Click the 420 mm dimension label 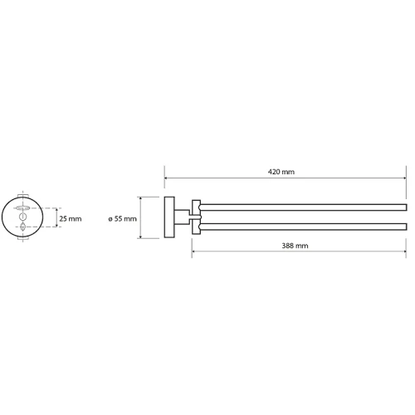coord(281,172)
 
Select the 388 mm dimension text coord(295,246)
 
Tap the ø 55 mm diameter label coord(122,219)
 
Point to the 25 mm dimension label coord(71,219)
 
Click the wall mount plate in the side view coord(169,217)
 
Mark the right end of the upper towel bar coord(407,207)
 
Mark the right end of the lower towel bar coord(407,227)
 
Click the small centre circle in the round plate coord(22,217)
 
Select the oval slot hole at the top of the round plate coord(22,207)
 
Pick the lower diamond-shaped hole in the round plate coord(22,227)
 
